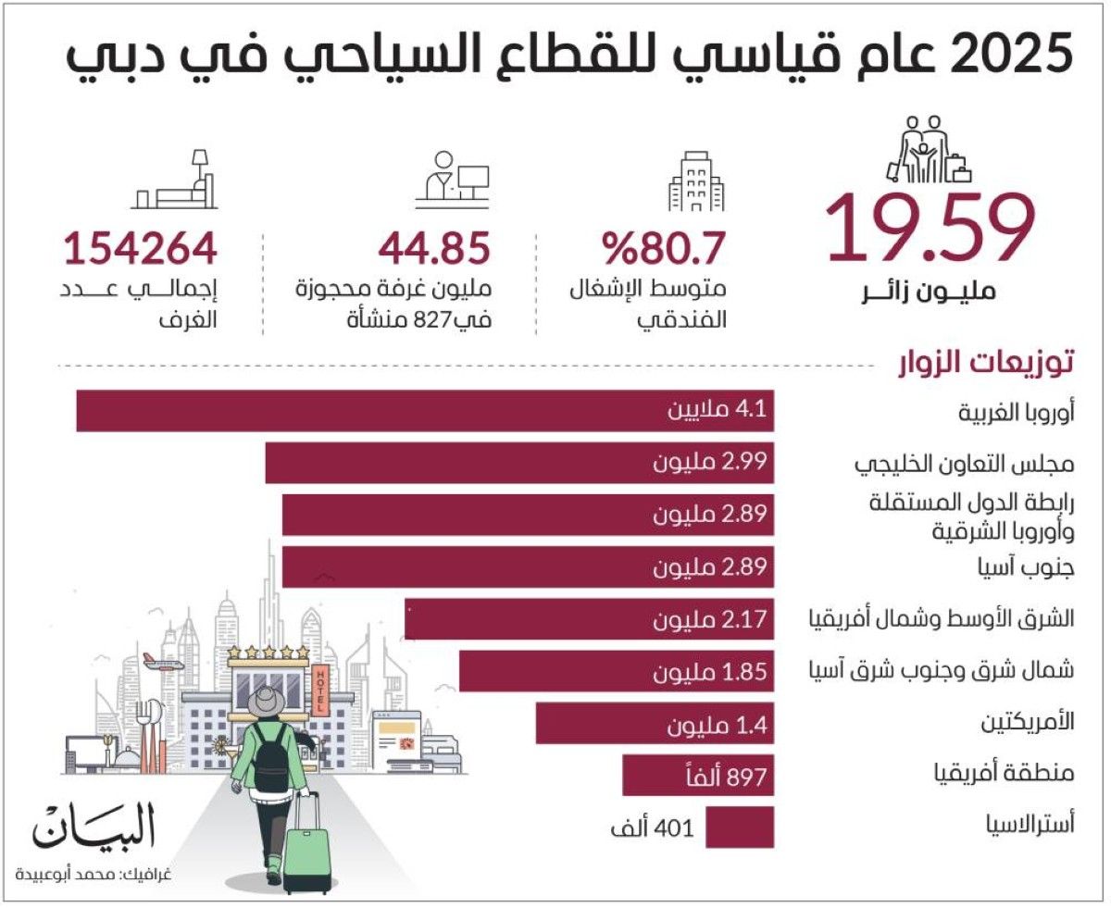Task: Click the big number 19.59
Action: (x=929, y=229)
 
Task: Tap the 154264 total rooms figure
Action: (x=140, y=249)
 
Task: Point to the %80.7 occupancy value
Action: (x=664, y=249)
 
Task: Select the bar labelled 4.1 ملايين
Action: (x=424, y=410)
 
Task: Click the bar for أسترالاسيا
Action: (x=739, y=827)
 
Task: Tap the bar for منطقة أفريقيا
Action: (x=697, y=776)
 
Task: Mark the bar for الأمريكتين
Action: (x=654, y=723)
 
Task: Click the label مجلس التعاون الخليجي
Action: (x=963, y=463)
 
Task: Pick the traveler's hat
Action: (x=267, y=702)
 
